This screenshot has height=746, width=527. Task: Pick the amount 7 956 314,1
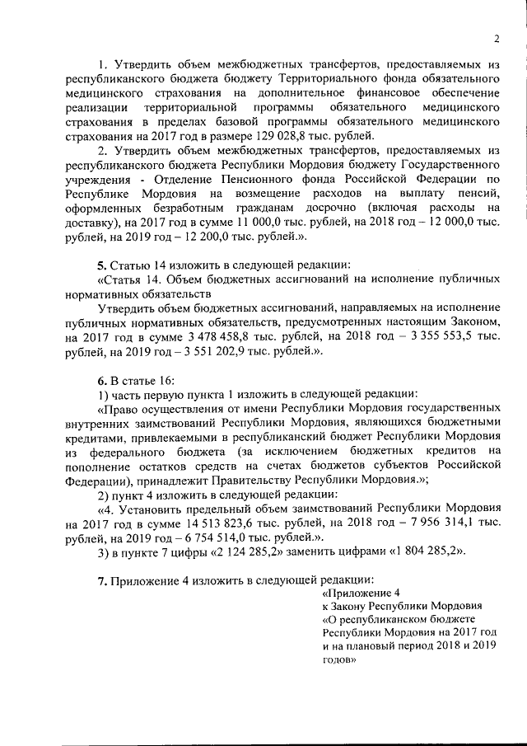coord(420,523)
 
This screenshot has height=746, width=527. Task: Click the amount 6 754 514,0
coord(205,537)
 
